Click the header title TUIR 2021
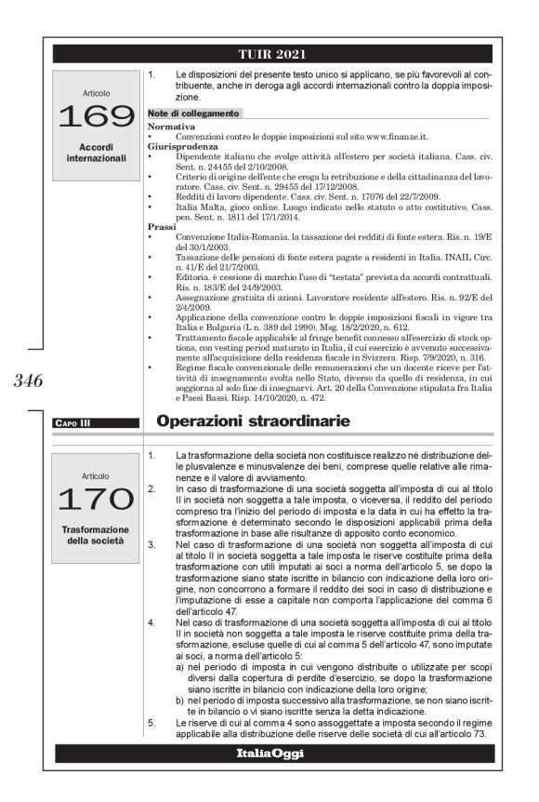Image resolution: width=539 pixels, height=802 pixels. (x=271, y=53)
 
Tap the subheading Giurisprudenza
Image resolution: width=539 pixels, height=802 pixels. (x=179, y=145)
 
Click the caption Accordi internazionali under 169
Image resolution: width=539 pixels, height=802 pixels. (x=96, y=152)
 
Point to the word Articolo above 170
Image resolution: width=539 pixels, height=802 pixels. (x=96, y=475)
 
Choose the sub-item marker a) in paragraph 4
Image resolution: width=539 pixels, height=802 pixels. (x=179, y=667)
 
